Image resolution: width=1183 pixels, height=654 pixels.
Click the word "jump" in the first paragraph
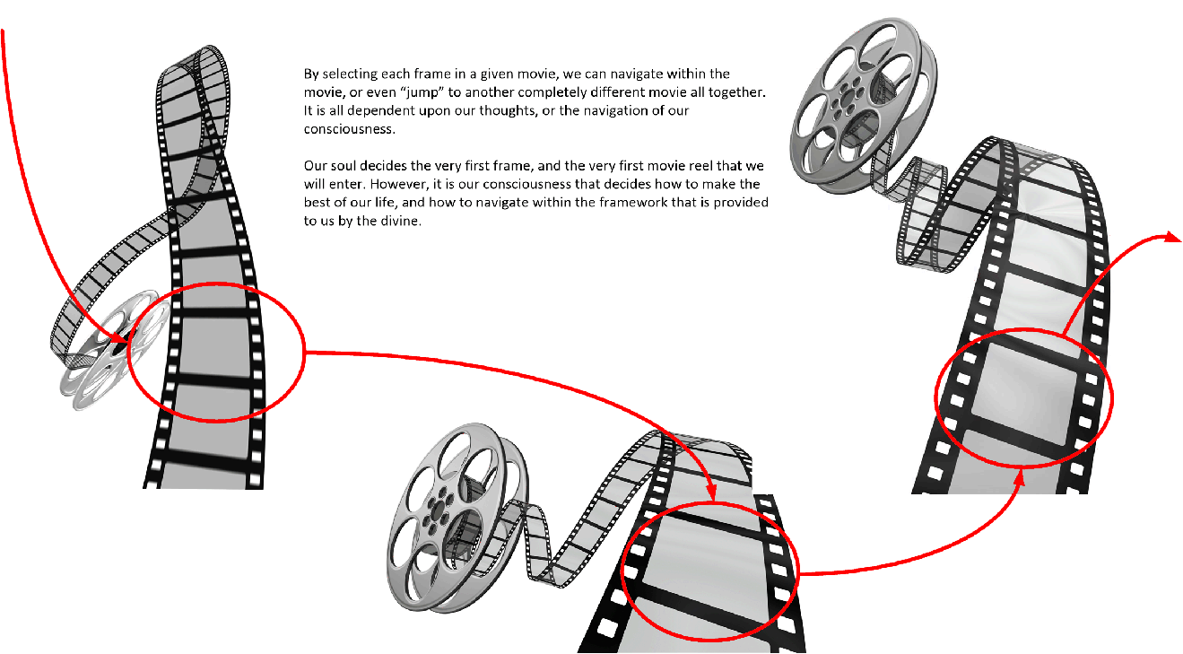point(422,93)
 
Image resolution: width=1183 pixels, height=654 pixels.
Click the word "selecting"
point(350,74)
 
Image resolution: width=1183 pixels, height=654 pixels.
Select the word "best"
point(316,203)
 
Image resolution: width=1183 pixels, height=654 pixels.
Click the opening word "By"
point(311,74)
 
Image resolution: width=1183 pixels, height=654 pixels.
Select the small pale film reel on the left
point(114,350)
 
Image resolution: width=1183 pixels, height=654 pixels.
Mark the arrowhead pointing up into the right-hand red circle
point(1020,478)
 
